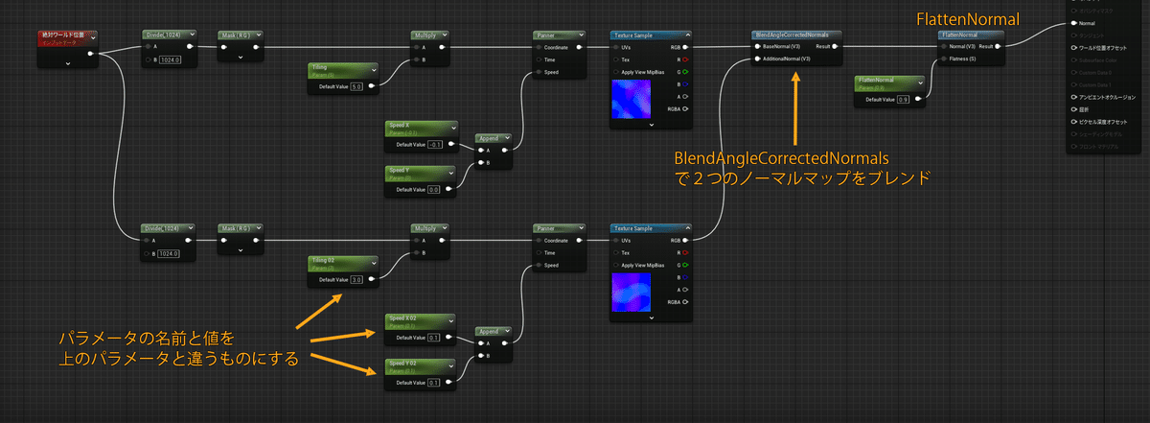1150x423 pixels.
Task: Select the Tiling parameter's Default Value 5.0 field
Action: pyautogui.click(x=356, y=85)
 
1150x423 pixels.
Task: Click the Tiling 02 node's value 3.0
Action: pyautogui.click(x=356, y=280)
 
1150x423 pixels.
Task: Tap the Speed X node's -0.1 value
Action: pyautogui.click(x=433, y=145)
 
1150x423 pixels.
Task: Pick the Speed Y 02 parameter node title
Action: pyautogui.click(x=403, y=364)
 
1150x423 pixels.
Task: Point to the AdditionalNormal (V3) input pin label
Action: pyautogui.click(x=786, y=59)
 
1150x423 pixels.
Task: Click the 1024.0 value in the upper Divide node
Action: pyautogui.click(x=170, y=59)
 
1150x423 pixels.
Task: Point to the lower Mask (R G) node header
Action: pyautogui.click(x=235, y=228)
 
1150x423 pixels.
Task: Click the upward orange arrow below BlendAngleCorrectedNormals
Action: pyautogui.click(x=794, y=106)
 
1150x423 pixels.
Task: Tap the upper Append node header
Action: pyautogui.click(x=493, y=137)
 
